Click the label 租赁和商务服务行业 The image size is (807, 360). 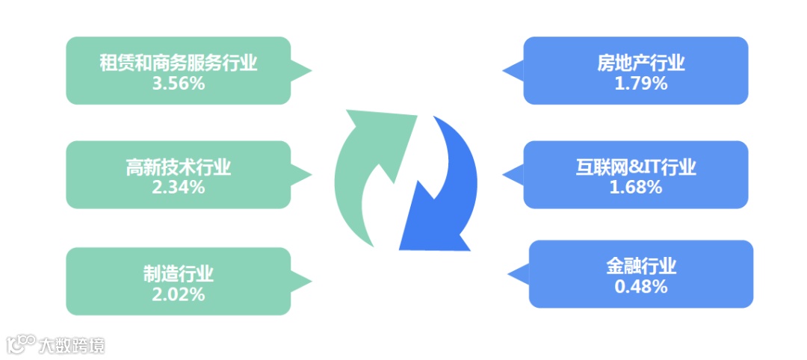[178, 63]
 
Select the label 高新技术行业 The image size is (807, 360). [178, 167]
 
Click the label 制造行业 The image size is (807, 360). [178, 273]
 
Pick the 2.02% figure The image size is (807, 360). [178, 294]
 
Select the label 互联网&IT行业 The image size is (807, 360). [636, 167]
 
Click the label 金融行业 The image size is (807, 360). [640, 266]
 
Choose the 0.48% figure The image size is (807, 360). [640, 286]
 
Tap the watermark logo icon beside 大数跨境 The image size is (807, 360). [21, 344]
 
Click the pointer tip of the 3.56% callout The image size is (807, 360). [310, 71]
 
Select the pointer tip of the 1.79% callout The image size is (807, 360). [503, 71]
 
